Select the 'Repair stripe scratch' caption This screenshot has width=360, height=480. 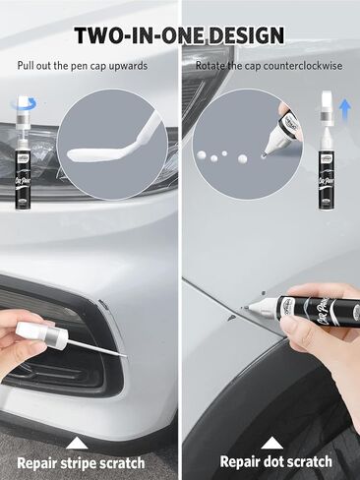81,462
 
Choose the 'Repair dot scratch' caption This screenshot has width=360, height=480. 275,462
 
